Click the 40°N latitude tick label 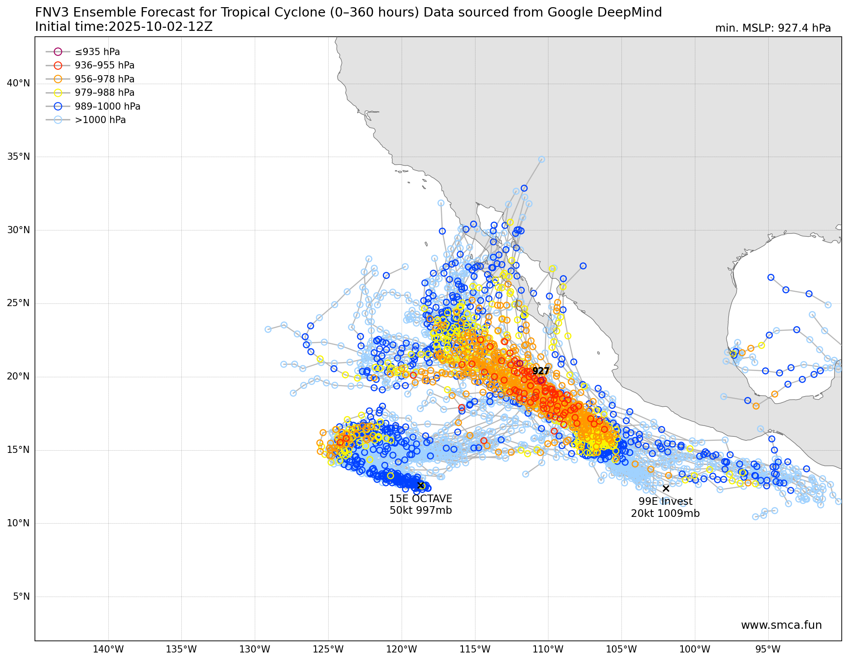coord(18,83)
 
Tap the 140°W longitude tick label coord(108,649)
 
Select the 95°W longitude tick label coord(768,649)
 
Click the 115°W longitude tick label coord(475,649)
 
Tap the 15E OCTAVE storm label coord(420,499)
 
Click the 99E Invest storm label coord(665,501)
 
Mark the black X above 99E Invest coord(666,488)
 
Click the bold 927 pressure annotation coord(540,371)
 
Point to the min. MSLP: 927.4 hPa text coord(773,28)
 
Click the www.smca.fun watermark coord(781,625)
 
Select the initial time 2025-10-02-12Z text coord(160,27)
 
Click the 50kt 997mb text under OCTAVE coord(420,510)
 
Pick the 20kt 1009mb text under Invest coord(665,513)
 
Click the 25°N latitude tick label coord(18,303)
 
